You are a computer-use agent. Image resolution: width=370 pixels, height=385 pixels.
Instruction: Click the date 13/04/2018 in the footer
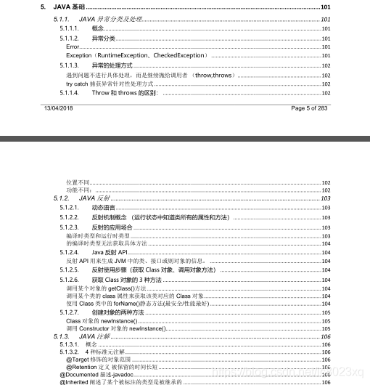point(60,108)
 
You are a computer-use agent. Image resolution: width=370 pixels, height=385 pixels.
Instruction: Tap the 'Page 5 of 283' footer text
point(310,108)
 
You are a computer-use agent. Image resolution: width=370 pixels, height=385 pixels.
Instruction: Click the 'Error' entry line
point(73,46)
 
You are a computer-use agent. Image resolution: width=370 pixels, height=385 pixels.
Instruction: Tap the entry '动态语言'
point(103,208)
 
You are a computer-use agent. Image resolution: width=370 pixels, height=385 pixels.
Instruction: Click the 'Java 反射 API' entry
point(114,251)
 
